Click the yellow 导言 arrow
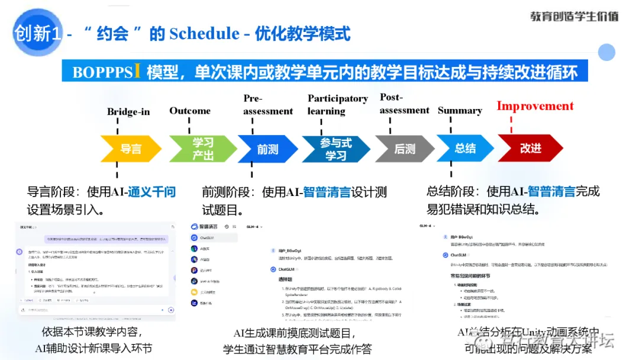point(131,149)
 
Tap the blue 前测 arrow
point(267,149)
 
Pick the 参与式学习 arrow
point(335,149)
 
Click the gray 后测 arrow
point(405,149)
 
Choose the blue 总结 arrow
point(465,148)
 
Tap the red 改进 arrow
point(530,148)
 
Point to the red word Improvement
point(535,106)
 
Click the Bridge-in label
point(128,112)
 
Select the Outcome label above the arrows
point(190,111)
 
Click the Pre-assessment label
point(268,105)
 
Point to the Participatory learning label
point(337,104)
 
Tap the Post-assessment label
point(404,104)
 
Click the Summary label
point(460,110)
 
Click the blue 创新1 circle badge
point(37,33)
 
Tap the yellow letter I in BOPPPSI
point(137,71)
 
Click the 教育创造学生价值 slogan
point(573,17)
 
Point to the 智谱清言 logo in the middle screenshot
point(204,227)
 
